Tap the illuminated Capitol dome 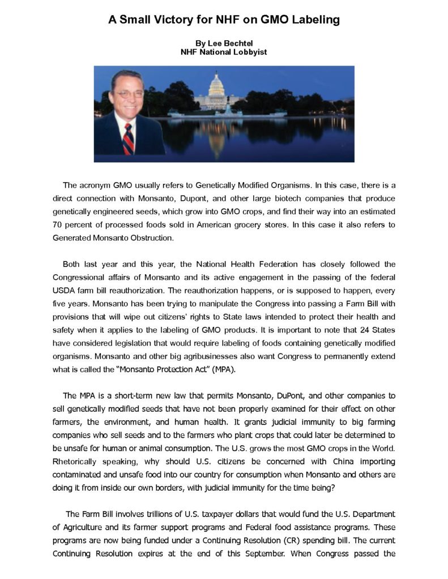click(x=217, y=85)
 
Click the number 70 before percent click(x=58, y=225)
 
